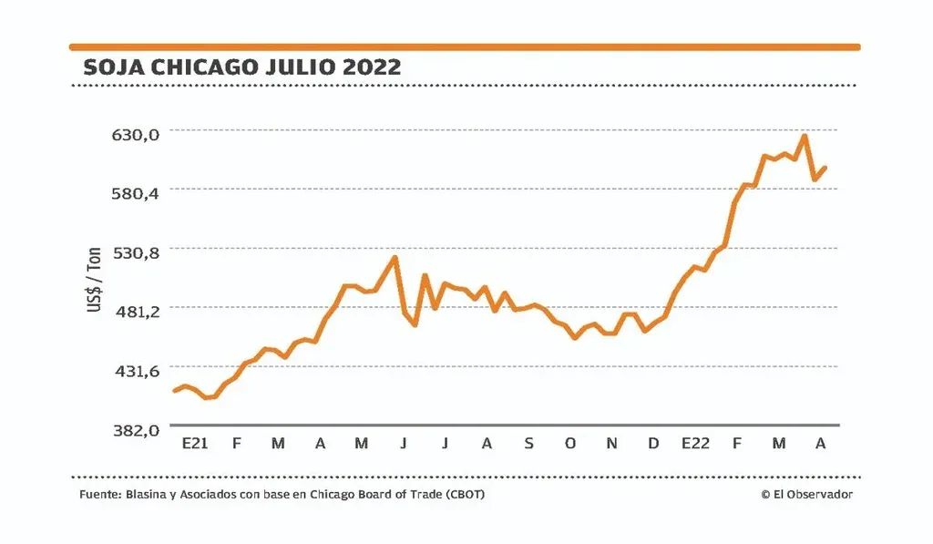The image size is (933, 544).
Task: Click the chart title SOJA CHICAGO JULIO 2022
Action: pos(241,67)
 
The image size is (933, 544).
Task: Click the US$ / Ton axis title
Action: pos(94,282)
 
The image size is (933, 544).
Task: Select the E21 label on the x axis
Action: pos(195,444)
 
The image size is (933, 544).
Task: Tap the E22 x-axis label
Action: pos(695,444)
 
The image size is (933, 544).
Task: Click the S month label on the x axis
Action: pos(528,444)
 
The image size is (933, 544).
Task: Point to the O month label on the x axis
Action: pos(570,444)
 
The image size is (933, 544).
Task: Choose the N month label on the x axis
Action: pos(612,444)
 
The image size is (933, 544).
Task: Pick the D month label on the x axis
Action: pos(653,444)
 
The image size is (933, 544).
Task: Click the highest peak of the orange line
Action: pos(805,137)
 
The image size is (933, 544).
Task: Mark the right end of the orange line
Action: pos(825,168)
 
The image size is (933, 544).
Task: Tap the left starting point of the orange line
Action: pos(174,391)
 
